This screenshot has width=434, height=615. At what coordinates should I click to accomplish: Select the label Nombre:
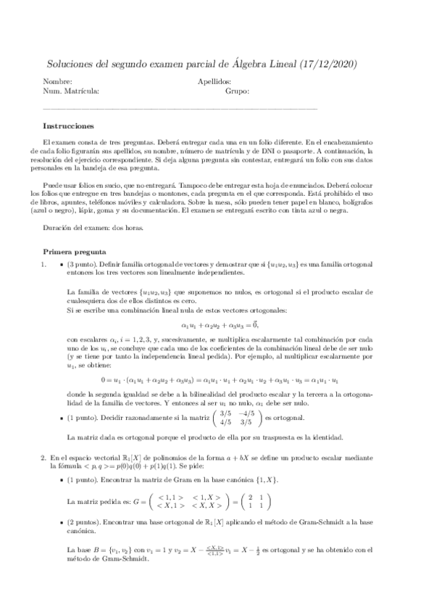coord(58,83)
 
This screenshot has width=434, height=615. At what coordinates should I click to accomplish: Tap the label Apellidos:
coord(214,83)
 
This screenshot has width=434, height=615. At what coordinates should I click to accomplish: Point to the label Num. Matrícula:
coord(71,92)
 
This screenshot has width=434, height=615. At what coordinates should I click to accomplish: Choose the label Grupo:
coord(237,92)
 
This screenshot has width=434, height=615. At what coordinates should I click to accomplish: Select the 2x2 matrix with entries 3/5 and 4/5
coord(235,418)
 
